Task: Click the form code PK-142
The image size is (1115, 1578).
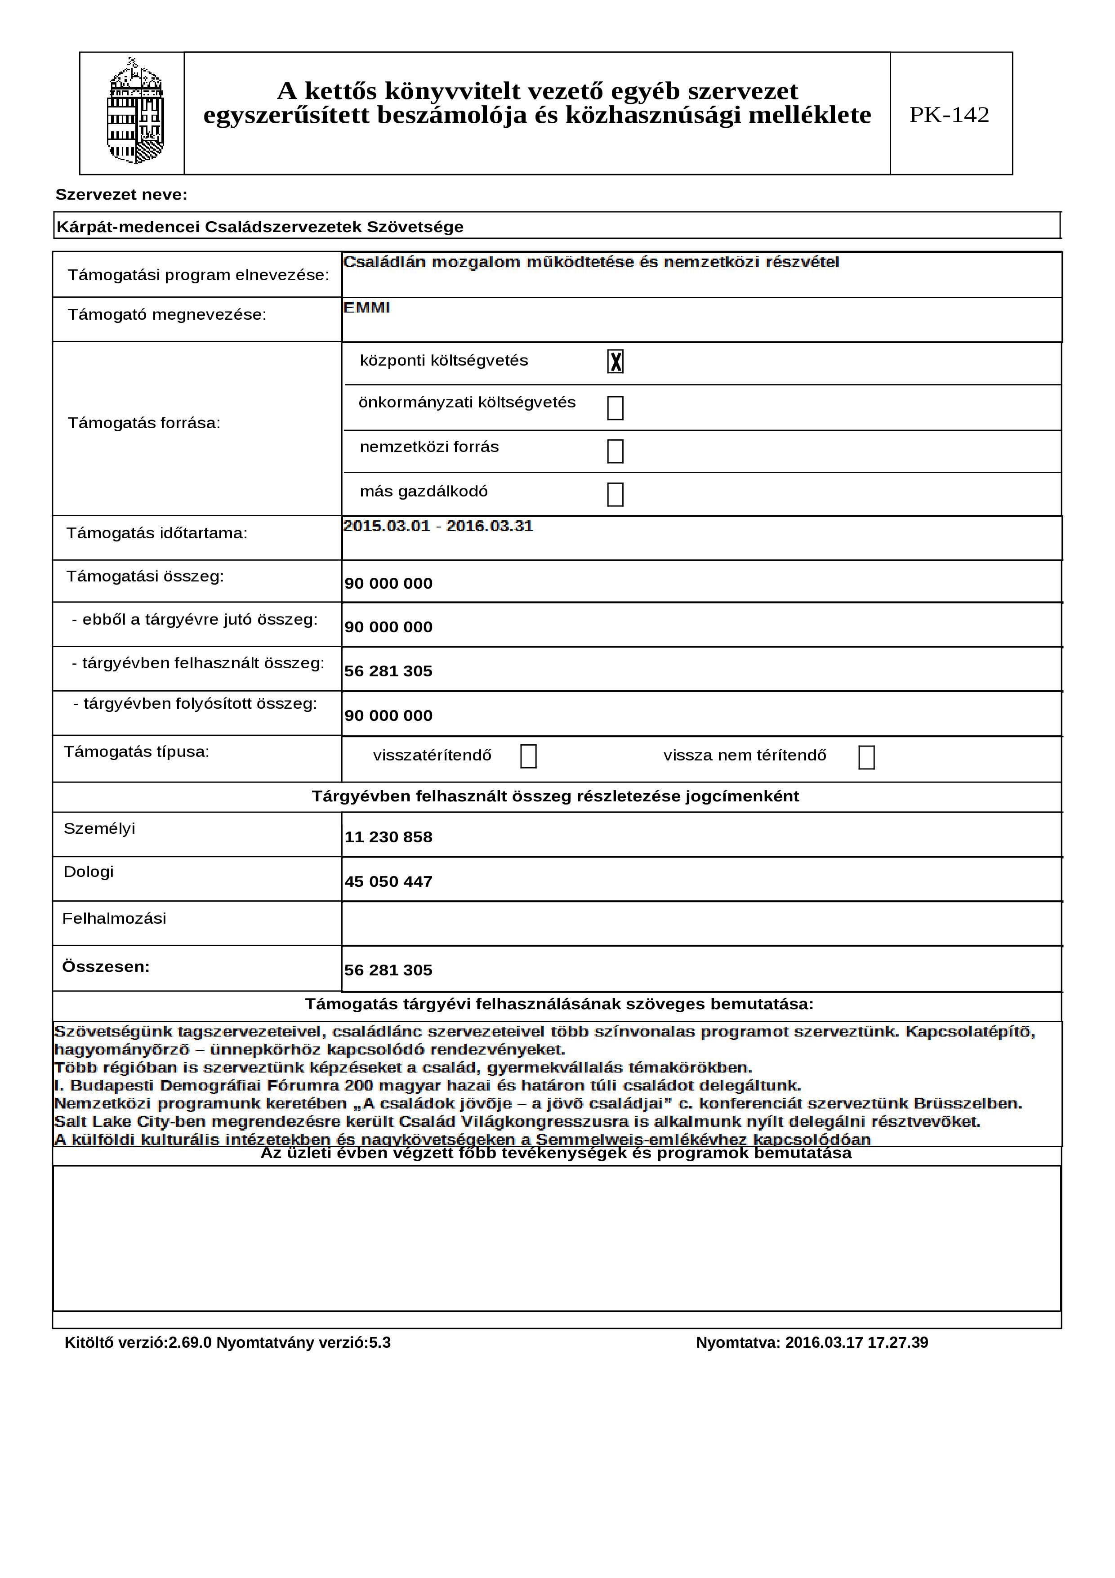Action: click(949, 115)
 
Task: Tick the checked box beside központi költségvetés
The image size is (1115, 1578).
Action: click(615, 362)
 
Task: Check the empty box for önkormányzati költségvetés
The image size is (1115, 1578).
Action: click(615, 408)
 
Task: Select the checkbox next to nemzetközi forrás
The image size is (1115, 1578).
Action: click(615, 451)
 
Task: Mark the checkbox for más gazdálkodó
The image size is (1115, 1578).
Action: click(615, 495)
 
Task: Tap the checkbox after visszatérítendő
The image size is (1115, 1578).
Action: click(528, 757)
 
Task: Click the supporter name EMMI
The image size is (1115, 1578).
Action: click(367, 308)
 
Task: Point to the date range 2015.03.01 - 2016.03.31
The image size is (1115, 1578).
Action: click(437, 527)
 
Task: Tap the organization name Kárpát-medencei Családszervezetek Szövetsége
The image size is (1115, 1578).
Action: click(260, 227)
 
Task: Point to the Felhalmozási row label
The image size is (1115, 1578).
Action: click(114, 919)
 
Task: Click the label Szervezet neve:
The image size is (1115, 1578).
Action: click(121, 195)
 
